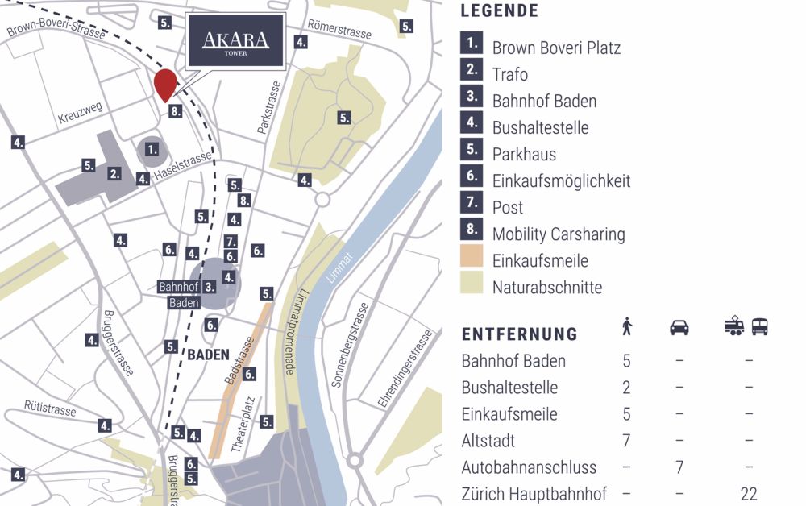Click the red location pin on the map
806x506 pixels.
click(165, 84)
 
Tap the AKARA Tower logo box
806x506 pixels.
click(235, 41)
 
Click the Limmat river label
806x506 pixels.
click(340, 265)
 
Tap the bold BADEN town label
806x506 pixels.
click(209, 354)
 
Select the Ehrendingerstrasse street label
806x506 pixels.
click(405, 368)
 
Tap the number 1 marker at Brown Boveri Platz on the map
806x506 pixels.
click(152, 149)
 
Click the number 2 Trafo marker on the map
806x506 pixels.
click(115, 173)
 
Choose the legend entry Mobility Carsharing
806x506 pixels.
click(558, 234)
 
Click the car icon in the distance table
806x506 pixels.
click(679, 327)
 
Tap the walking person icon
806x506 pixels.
click(627, 326)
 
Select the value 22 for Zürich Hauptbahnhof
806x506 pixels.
click(749, 494)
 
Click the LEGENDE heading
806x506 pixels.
click(499, 11)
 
